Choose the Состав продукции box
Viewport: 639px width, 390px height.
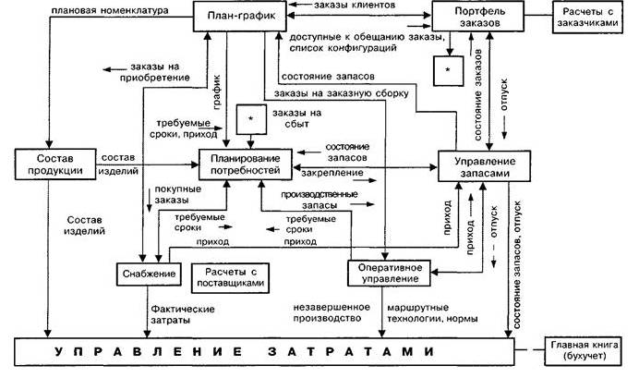pyautogui.click(x=52, y=164)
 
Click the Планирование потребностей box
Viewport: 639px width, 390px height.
pyautogui.click(x=245, y=164)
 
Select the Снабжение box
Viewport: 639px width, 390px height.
pyautogui.click(x=149, y=274)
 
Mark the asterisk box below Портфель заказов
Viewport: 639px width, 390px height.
pyautogui.click(x=449, y=69)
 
